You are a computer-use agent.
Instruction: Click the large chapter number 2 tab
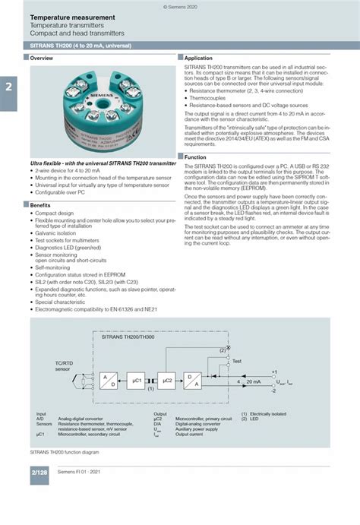(x=8, y=87)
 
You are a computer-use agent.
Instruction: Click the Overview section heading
(x=42, y=58)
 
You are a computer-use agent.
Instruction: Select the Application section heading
(x=199, y=58)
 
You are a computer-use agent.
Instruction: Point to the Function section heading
(x=197, y=157)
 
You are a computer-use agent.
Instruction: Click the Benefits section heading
(x=41, y=205)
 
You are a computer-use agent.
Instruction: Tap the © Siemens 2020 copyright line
(x=179, y=5)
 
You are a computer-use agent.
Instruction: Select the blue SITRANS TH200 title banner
(x=180, y=47)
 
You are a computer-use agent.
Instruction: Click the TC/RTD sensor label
(x=64, y=367)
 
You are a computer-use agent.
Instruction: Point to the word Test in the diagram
(x=237, y=360)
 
